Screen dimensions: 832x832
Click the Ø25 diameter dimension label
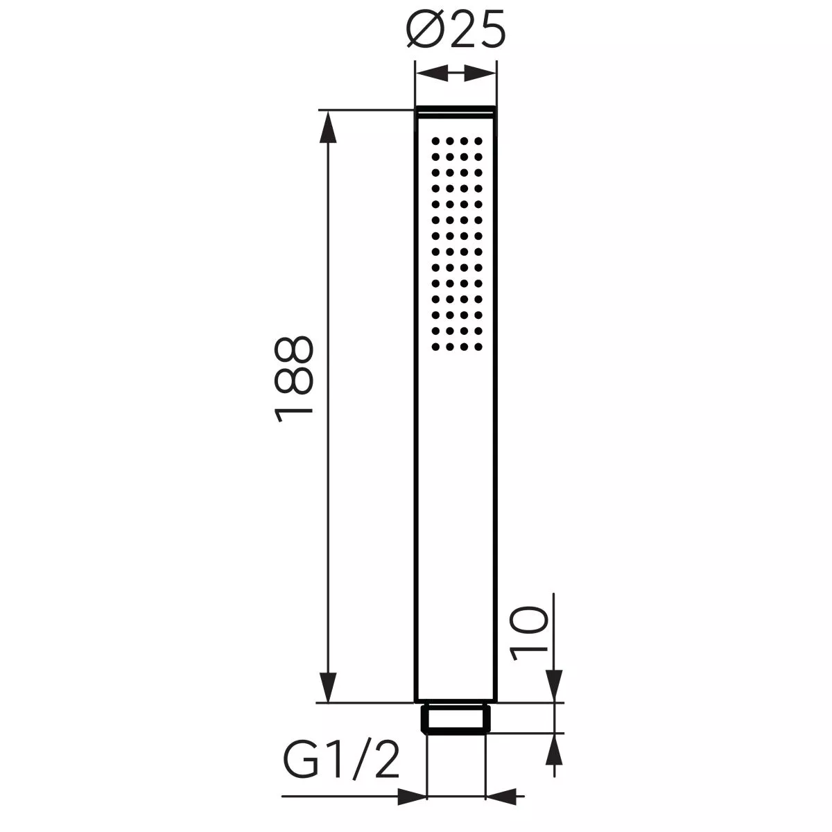454,33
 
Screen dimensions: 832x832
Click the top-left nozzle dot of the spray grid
435,141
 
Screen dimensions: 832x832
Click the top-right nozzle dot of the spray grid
478,141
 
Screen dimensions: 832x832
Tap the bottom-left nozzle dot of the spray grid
435,345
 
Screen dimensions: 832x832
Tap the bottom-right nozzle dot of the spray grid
478,345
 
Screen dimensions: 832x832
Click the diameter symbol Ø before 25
424,33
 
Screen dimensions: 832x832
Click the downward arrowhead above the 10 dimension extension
553,686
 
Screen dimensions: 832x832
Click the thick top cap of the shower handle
456,110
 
